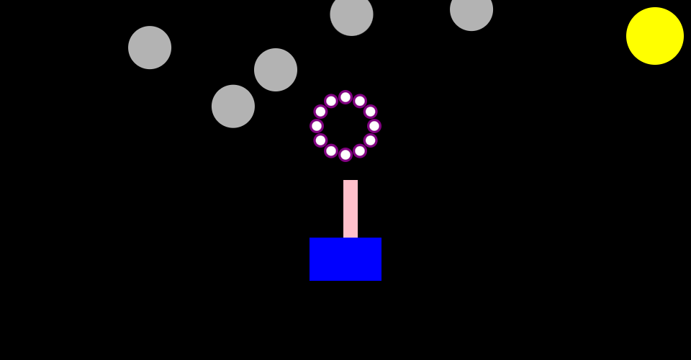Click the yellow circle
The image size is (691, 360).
coord(655,36)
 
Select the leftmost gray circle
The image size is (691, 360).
coord(150,48)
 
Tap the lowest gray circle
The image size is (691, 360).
coord(233,107)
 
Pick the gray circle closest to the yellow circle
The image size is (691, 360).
coord(471,10)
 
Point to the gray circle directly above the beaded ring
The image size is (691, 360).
coord(351,14)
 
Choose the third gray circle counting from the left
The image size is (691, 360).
coord(276,70)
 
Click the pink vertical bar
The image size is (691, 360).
coord(351,209)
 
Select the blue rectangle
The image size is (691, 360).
coord(345,259)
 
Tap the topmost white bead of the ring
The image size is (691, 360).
coord(345,97)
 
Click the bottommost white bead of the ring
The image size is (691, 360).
coord(345,155)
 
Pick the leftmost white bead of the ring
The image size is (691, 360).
coord(317,126)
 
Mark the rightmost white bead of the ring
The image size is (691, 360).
coord(374,126)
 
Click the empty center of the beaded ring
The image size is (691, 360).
coord(345,126)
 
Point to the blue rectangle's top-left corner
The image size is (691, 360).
coord(310,238)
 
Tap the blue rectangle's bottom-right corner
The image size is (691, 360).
coord(380,279)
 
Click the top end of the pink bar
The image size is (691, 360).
coord(351,181)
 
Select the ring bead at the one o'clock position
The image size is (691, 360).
coord(360,101)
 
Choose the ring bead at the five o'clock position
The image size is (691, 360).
coord(360,151)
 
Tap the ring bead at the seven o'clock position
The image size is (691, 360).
coord(331,151)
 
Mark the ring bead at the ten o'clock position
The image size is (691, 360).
coord(320,112)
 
